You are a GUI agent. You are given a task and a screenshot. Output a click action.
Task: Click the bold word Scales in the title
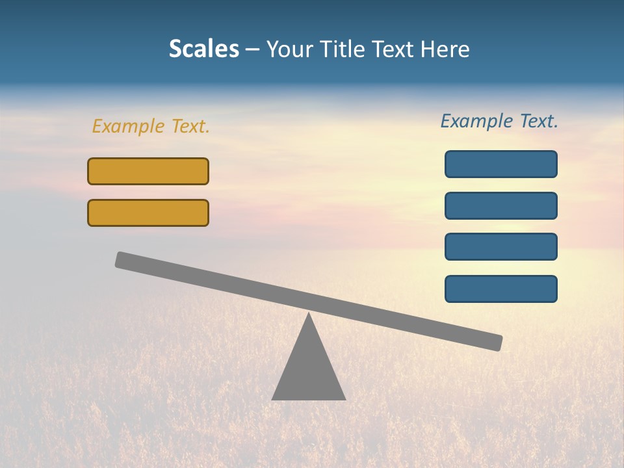(x=203, y=49)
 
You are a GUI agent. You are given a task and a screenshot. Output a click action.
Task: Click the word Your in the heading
(x=289, y=49)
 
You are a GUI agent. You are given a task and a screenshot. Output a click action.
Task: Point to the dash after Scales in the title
(x=253, y=49)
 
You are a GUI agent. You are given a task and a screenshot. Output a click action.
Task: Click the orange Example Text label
(x=151, y=126)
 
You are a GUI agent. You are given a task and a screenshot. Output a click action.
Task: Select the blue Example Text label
(x=499, y=121)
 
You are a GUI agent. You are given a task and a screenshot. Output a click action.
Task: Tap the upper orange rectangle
(x=148, y=171)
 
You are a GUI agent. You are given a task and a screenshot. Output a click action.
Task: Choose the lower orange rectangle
(x=148, y=213)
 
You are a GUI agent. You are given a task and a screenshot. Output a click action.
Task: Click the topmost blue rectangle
(x=501, y=164)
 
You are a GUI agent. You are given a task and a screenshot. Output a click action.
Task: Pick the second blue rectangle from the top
(x=501, y=205)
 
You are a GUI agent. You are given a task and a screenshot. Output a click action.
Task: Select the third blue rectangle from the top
(x=501, y=247)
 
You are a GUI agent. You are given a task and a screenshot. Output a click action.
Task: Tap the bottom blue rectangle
(x=501, y=289)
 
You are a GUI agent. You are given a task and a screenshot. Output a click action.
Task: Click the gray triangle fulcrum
(x=308, y=370)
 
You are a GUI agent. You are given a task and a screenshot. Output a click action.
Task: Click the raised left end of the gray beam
(x=122, y=259)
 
